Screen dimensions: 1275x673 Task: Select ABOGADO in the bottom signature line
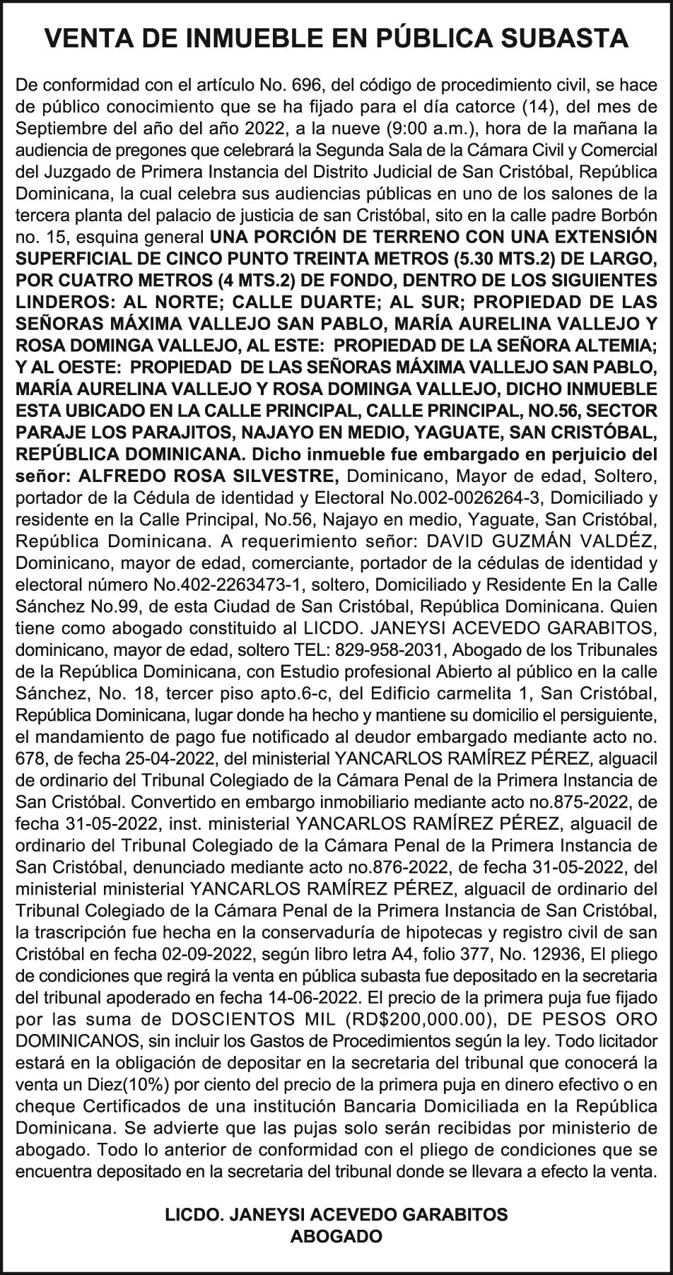(336, 1236)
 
